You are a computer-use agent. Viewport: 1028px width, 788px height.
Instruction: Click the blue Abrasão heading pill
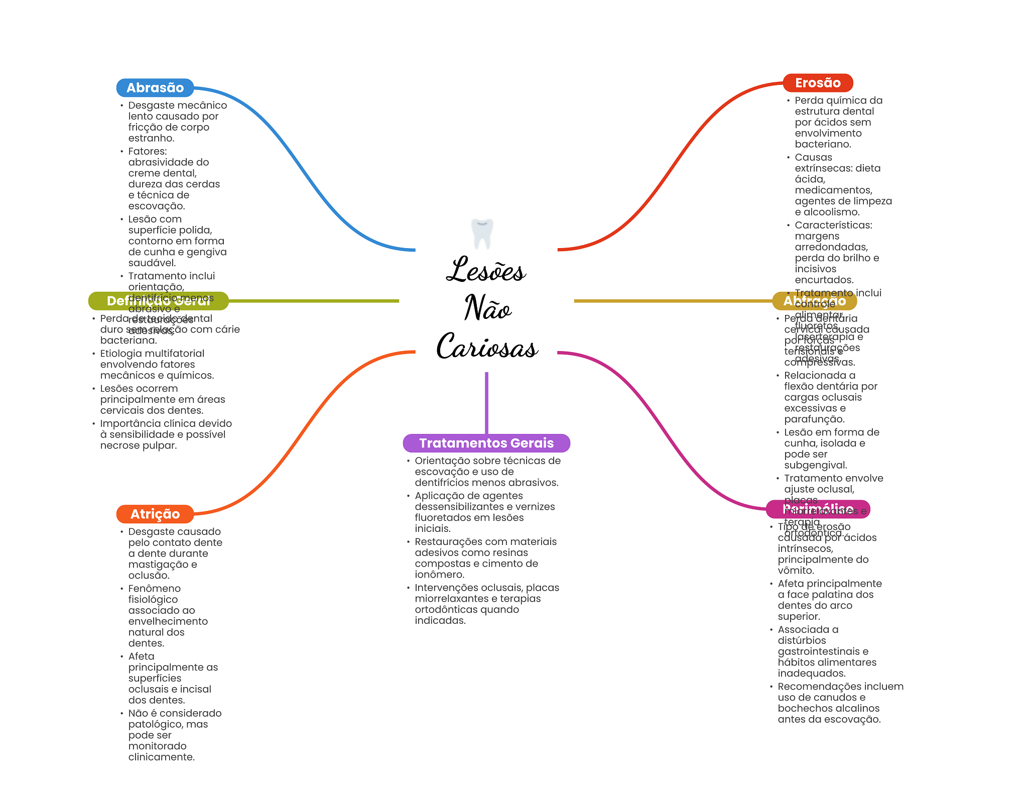click(155, 88)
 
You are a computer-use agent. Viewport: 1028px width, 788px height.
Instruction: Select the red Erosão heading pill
click(817, 83)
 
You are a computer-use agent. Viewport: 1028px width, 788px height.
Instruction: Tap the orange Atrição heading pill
click(155, 514)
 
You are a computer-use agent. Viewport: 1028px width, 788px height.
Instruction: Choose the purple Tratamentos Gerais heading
click(486, 443)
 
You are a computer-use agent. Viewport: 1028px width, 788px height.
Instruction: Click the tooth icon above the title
click(482, 234)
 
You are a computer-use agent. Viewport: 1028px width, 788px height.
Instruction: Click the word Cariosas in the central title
click(487, 346)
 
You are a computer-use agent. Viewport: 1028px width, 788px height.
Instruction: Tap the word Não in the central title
click(487, 307)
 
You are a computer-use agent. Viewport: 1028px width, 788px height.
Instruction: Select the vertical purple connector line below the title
click(486, 402)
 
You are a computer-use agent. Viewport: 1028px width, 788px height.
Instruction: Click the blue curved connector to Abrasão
click(301, 166)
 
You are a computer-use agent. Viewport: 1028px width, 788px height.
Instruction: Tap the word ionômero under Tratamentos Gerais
click(439, 575)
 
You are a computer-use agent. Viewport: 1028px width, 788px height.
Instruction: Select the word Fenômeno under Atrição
click(154, 588)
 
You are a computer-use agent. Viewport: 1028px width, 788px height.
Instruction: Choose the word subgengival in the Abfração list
click(815, 465)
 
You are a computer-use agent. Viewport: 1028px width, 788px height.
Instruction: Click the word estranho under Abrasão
click(151, 138)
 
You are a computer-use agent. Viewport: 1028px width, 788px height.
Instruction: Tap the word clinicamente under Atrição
click(161, 757)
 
